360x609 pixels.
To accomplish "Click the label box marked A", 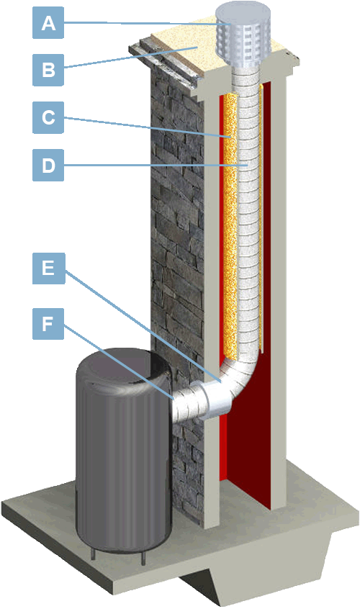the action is click(48, 23).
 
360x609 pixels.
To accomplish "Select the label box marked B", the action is click(48, 70).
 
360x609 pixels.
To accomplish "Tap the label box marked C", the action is click(48, 117).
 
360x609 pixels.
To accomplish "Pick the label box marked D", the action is click(48, 166).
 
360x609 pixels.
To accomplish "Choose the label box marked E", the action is click(48, 269).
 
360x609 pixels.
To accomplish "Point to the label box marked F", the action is click(48, 324).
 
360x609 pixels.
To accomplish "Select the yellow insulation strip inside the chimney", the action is click(230, 225).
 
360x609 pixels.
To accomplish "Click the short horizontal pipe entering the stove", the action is click(190, 404).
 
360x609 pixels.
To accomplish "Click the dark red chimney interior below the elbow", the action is click(251, 446).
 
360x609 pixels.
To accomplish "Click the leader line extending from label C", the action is click(148, 127).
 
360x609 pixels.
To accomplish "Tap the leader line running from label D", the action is click(156, 166).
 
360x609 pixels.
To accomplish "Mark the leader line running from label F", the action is click(119, 362).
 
